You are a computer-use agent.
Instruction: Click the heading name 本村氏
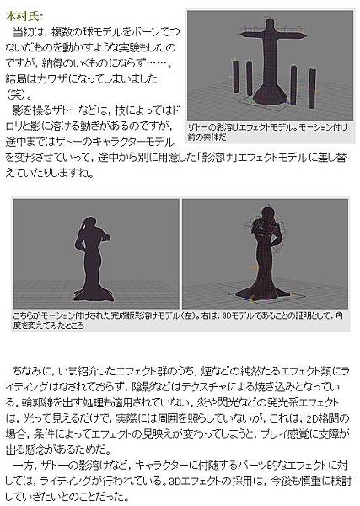[24, 17]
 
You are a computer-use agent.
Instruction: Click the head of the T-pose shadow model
[270, 24]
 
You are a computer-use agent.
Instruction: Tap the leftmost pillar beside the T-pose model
[236, 77]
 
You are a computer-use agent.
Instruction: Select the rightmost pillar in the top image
[312, 88]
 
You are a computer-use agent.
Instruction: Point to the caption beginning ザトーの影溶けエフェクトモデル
[268, 132]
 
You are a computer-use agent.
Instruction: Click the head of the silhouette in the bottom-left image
[89, 224]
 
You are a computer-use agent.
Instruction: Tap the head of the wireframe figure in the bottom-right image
[266, 214]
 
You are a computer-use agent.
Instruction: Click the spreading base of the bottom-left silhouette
[94, 293]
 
